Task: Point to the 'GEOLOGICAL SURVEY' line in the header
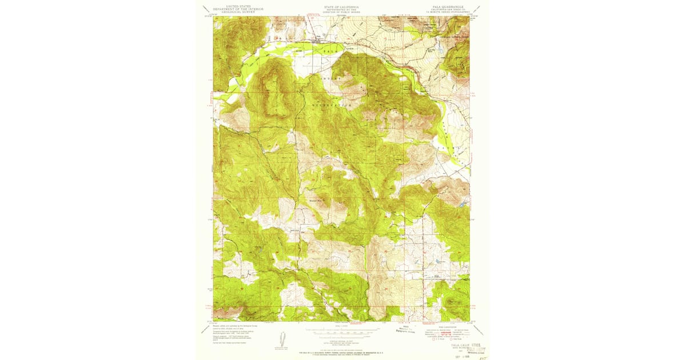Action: (238, 12)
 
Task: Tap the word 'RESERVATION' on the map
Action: (332, 106)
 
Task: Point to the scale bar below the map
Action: (341, 330)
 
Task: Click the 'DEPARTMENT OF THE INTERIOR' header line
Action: (238, 9)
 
